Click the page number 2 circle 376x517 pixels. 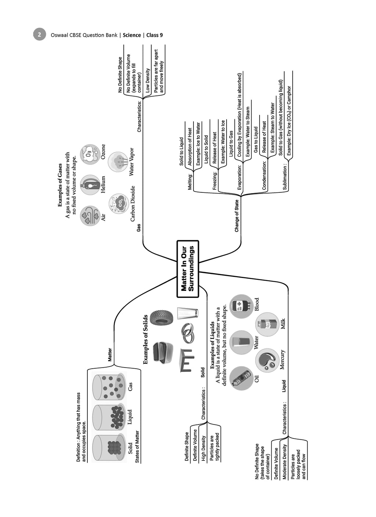pos(39,35)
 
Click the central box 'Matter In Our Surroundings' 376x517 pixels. pos(188,269)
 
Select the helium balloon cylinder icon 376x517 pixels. pos(90,185)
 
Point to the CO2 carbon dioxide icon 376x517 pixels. pos(119,203)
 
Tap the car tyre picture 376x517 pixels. pos(162,318)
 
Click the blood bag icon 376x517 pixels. pos(241,306)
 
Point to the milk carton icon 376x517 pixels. pos(267,324)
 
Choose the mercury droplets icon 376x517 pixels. pos(267,361)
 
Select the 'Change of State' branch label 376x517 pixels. pos(236,216)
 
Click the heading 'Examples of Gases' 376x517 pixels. pos(60,185)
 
